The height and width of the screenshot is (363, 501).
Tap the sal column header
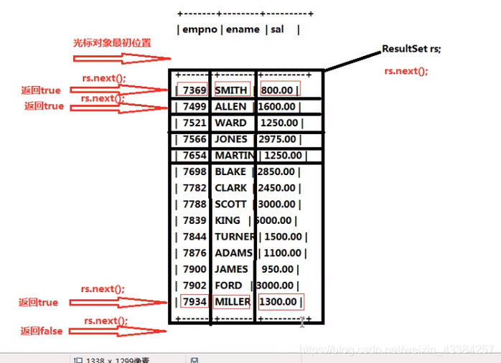coord(278,29)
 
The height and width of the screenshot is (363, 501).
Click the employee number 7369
coord(195,90)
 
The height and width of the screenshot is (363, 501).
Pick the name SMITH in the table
coord(231,90)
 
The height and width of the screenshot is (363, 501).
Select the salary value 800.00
coord(278,90)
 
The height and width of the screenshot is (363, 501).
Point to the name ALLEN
coord(230,106)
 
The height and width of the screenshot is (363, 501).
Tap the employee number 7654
coord(195,156)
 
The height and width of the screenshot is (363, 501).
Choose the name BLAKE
coord(230,172)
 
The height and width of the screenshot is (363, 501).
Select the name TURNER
coord(234,237)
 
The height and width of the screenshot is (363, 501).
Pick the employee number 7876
coord(195,253)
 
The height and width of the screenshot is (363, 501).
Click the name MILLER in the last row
coord(233,302)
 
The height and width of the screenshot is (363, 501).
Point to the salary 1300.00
coord(279,302)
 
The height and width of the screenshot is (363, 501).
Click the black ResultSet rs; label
coord(411,49)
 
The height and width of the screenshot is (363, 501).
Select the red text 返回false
coord(41,331)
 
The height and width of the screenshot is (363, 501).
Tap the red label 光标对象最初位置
coord(112,42)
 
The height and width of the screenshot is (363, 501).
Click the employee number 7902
coord(195,286)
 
